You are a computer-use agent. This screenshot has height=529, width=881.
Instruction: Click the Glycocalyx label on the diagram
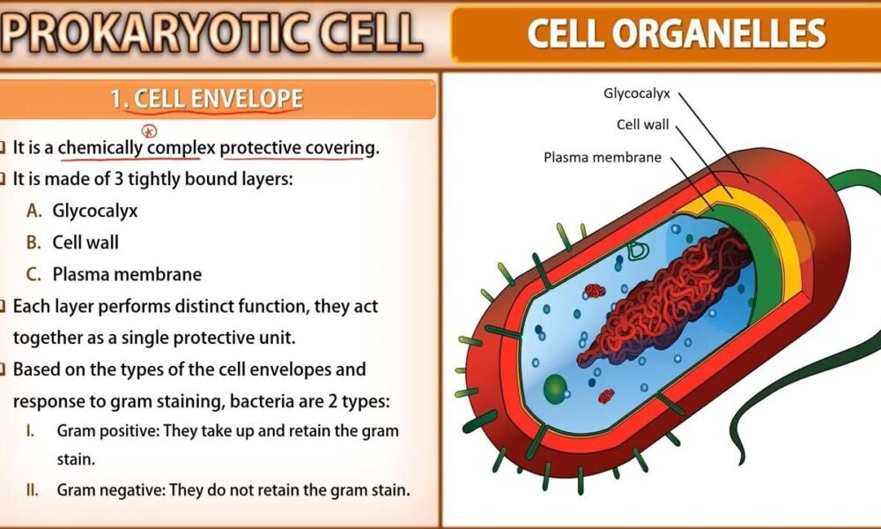coord(637,93)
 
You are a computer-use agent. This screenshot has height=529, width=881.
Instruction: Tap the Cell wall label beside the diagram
coord(643,124)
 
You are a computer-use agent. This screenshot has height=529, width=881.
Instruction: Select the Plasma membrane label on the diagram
coord(603,158)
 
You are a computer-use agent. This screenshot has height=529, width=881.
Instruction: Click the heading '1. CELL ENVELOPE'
coord(207,99)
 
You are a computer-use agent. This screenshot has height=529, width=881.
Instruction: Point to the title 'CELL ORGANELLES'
coord(677,34)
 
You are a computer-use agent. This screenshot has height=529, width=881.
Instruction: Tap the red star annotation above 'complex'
coord(149,131)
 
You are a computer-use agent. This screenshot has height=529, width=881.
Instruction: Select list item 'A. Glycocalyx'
coord(82,211)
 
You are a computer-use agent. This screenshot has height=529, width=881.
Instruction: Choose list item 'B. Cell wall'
coord(72,242)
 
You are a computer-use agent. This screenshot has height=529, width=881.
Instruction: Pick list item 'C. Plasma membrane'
coord(114,274)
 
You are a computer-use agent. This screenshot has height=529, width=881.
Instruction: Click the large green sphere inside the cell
coord(555,388)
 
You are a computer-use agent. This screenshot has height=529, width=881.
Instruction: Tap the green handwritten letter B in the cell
coord(638,250)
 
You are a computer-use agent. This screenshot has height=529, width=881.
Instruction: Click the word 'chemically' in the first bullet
coord(101,148)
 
